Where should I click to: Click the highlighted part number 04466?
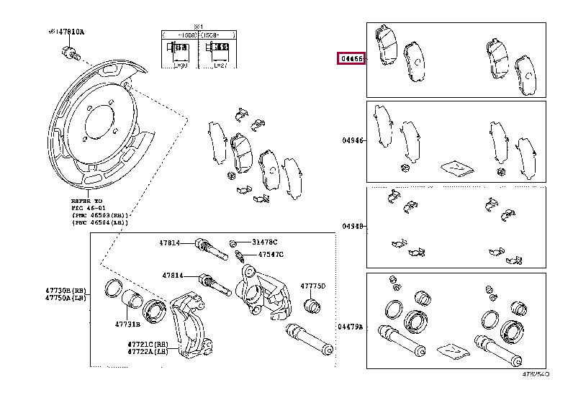point(352,59)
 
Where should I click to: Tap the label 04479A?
point(351,327)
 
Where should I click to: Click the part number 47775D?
point(313,286)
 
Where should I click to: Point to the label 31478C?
point(264,242)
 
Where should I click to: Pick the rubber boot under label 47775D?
point(312,306)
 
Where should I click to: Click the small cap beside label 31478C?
point(234,242)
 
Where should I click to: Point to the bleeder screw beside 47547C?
point(240,256)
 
